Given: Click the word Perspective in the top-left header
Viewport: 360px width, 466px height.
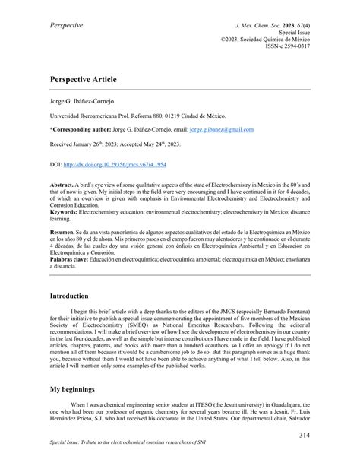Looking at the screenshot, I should pyautogui.click(x=66, y=27).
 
